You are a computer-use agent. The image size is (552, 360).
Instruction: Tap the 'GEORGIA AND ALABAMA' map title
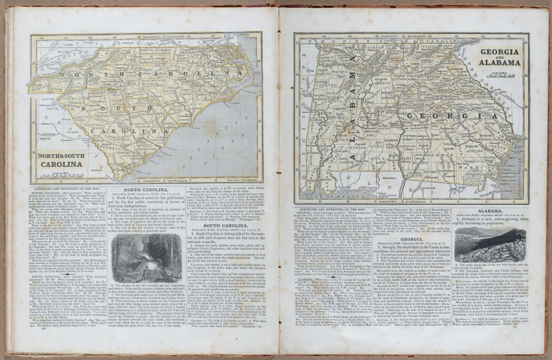(x=500, y=58)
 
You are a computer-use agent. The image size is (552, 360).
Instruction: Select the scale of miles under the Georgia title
(x=500, y=73)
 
